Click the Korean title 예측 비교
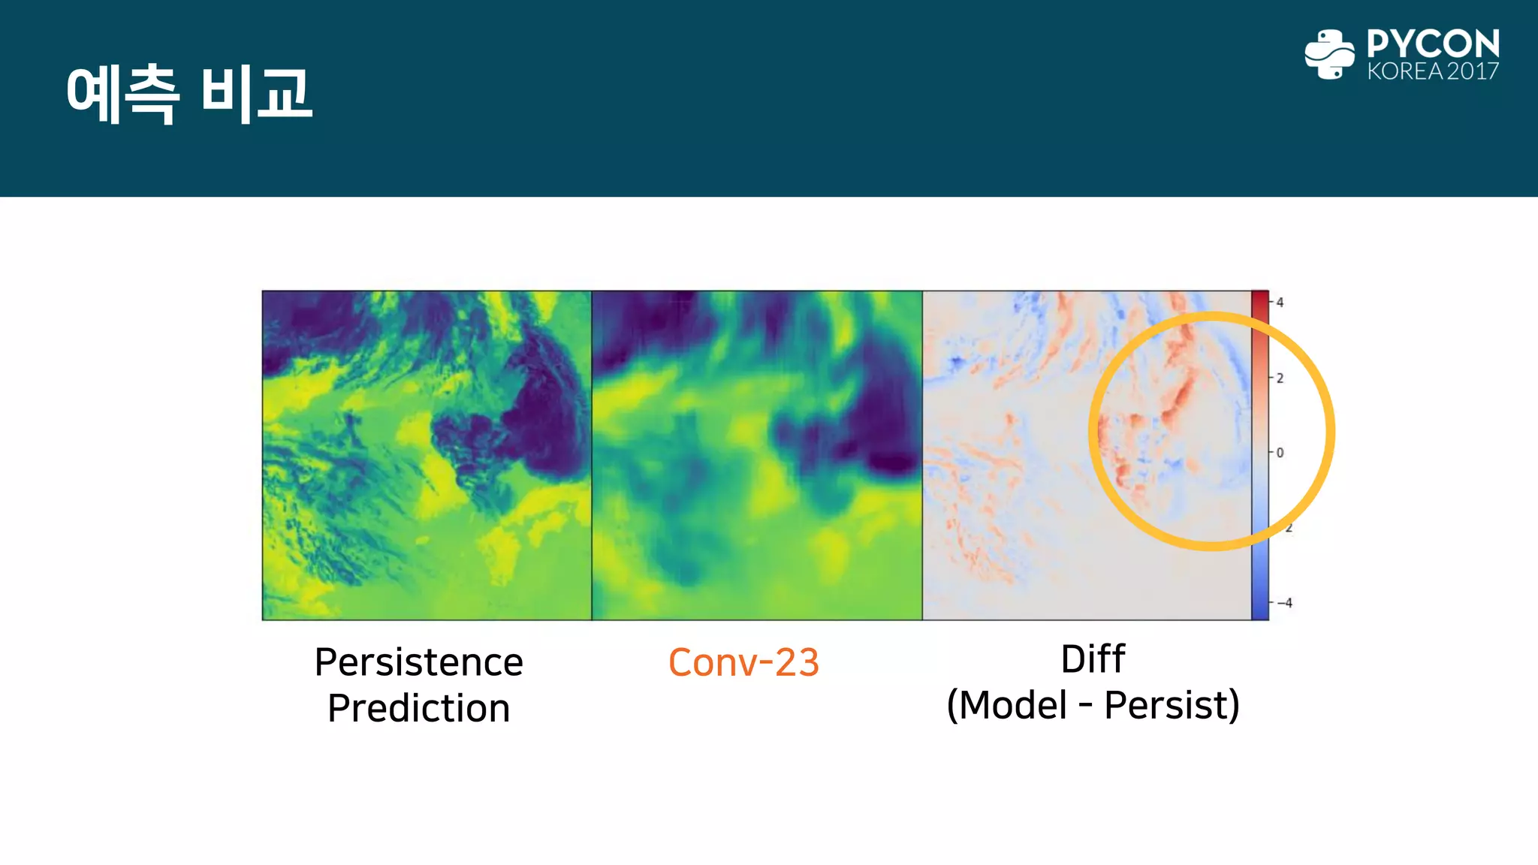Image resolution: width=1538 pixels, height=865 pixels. point(189,94)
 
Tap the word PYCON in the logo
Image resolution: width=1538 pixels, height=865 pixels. point(1433,44)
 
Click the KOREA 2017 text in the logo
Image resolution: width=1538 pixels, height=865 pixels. point(1433,71)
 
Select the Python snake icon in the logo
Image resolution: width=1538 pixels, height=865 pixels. point(1329,54)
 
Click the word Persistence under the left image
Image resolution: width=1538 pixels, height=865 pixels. point(418,662)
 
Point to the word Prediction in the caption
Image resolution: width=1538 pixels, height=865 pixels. point(418,708)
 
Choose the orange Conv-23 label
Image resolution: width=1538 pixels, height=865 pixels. point(743,662)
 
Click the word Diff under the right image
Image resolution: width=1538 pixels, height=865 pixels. point(1093,659)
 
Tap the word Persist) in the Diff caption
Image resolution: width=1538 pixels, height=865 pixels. point(1172,705)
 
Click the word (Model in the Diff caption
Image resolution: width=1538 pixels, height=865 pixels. point(1007,705)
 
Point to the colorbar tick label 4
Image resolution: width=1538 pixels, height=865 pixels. point(1280,303)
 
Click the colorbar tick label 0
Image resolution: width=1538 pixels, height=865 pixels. point(1280,453)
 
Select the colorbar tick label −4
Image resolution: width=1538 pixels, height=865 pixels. point(1286,603)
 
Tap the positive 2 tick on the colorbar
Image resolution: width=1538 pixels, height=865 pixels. point(1280,378)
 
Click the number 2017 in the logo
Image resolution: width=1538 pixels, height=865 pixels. point(1473,71)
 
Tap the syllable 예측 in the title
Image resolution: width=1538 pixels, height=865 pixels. point(122,94)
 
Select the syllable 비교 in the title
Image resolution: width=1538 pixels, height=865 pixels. point(256,94)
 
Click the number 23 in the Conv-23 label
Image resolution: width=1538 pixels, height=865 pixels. point(797,662)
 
